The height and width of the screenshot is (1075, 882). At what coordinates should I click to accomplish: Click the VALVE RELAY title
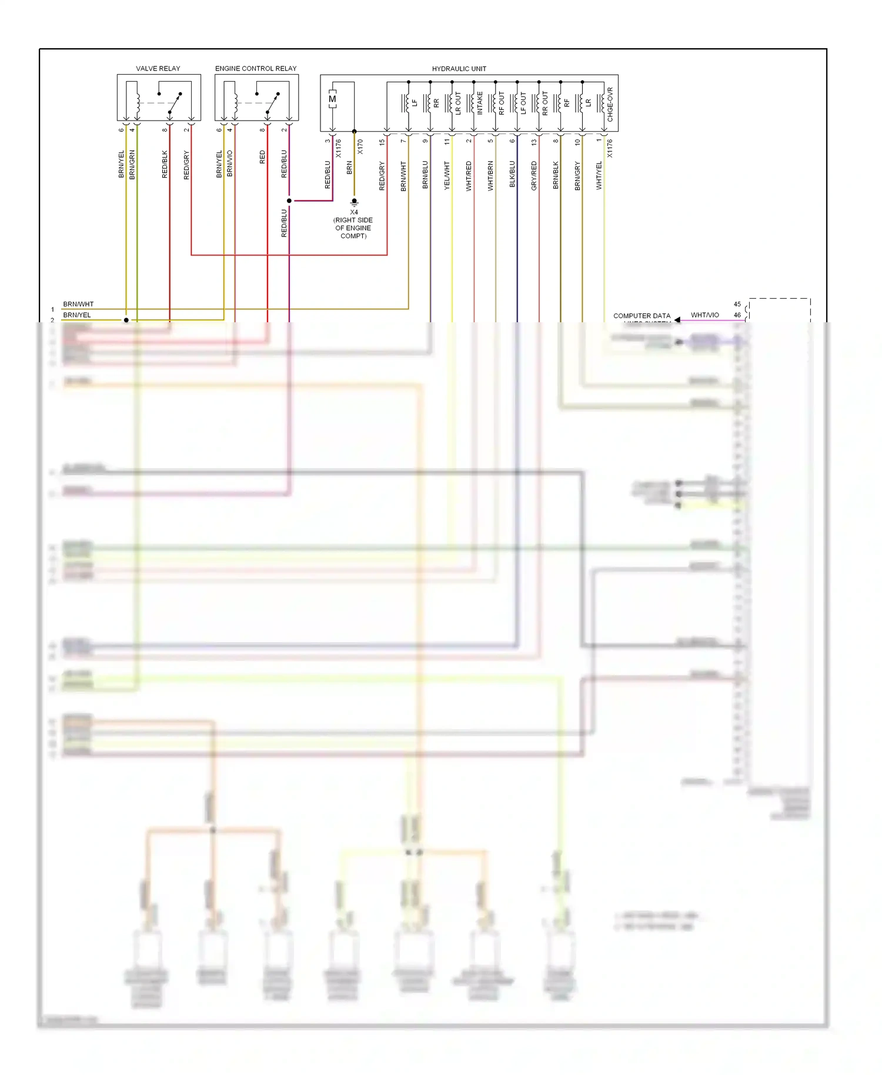[x=158, y=68]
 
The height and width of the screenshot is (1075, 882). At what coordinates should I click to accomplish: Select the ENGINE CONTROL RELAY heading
[x=256, y=68]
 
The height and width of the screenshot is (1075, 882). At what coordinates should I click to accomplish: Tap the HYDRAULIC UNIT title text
[x=459, y=69]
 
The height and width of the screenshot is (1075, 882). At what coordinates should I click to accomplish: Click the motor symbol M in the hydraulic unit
[x=333, y=99]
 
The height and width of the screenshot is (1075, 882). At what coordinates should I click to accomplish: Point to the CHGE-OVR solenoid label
[x=610, y=105]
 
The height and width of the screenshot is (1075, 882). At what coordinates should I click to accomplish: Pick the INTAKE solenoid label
[x=480, y=103]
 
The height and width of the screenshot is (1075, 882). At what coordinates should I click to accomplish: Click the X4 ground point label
[x=354, y=212]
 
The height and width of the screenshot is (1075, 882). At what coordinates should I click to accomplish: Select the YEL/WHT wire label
[x=447, y=175]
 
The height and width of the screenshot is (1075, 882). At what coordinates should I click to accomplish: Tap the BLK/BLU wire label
[x=512, y=174]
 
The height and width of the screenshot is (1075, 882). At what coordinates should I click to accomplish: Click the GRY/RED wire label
[x=534, y=175]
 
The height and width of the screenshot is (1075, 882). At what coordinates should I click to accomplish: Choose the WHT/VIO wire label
[x=704, y=315]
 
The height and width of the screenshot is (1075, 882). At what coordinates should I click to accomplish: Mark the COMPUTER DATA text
[x=642, y=316]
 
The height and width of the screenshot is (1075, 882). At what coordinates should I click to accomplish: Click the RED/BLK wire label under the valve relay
[x=165, y=165]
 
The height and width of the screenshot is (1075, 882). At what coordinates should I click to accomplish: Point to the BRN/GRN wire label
[x=132, y=165]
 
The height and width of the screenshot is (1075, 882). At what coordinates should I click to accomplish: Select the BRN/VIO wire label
[x=230, y=163]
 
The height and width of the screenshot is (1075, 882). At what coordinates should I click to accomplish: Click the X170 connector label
[x=360, y=147]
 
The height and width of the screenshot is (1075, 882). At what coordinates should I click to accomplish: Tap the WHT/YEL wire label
[x=599, y=175]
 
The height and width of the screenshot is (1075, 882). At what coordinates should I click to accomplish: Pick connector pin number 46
[x=737, y=315]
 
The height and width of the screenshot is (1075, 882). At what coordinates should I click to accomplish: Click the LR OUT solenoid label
[x=458, y=103]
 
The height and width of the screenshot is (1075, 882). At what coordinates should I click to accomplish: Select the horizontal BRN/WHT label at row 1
[x=78, y=304]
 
